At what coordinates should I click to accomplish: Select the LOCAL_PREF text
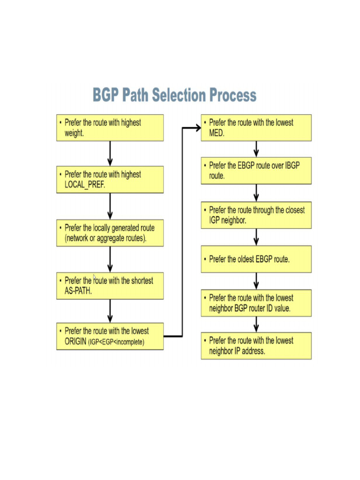tap(85, 185)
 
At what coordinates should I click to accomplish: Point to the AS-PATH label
tap(78, 291)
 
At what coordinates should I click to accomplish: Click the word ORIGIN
tap(75, 342)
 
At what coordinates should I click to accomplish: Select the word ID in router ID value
tap(268, 308)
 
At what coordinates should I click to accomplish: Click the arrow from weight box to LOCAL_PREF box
tap(110, 153)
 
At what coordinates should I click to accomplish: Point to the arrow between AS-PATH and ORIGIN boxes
tap(110, 310)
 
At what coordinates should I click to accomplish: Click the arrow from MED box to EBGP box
tap(256, 149)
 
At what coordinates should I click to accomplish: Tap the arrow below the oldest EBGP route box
tap(256, 280)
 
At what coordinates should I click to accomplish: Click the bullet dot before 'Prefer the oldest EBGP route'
tap(205, 259)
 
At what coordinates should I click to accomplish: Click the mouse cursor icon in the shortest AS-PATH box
tap(94, 277)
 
